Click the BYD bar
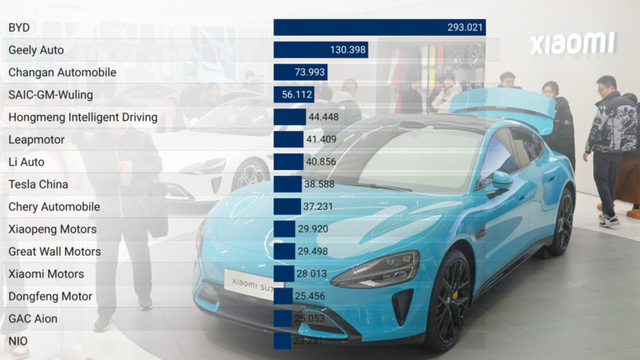[379, 27]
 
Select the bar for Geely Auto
[321, 50]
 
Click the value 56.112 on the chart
[297, 95]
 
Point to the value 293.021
[465, 27]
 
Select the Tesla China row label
[38, 184]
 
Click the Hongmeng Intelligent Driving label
[82, 117]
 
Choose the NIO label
[18, 341]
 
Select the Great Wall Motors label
[54, 251]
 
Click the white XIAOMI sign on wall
[573, 43]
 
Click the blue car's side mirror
[501, 179]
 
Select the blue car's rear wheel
[563, 222]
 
